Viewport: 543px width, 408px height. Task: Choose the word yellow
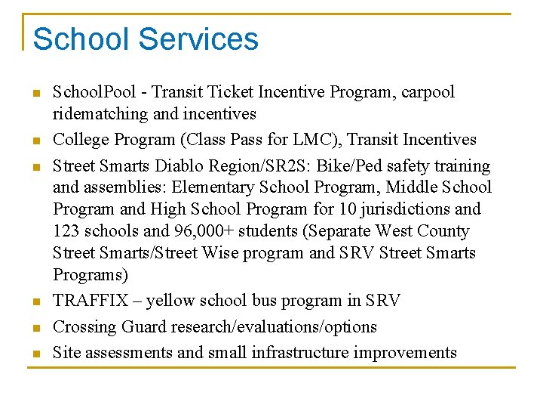pyautogui.click(x=170, y=301)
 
